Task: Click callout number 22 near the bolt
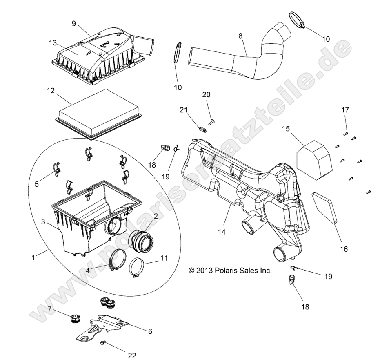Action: pyautogui.click(x=131, y=355)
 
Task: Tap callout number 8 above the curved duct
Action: pyautogui.click(x=240, y=36)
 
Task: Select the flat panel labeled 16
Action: pyautogui.click(x=326, y=208)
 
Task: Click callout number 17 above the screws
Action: pyautogui.click(x=345, y=110)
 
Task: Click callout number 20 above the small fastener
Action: pyautogui.click(x=207, y=94)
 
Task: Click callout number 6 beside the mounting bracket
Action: pyautogui.click(x=150, y=331)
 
